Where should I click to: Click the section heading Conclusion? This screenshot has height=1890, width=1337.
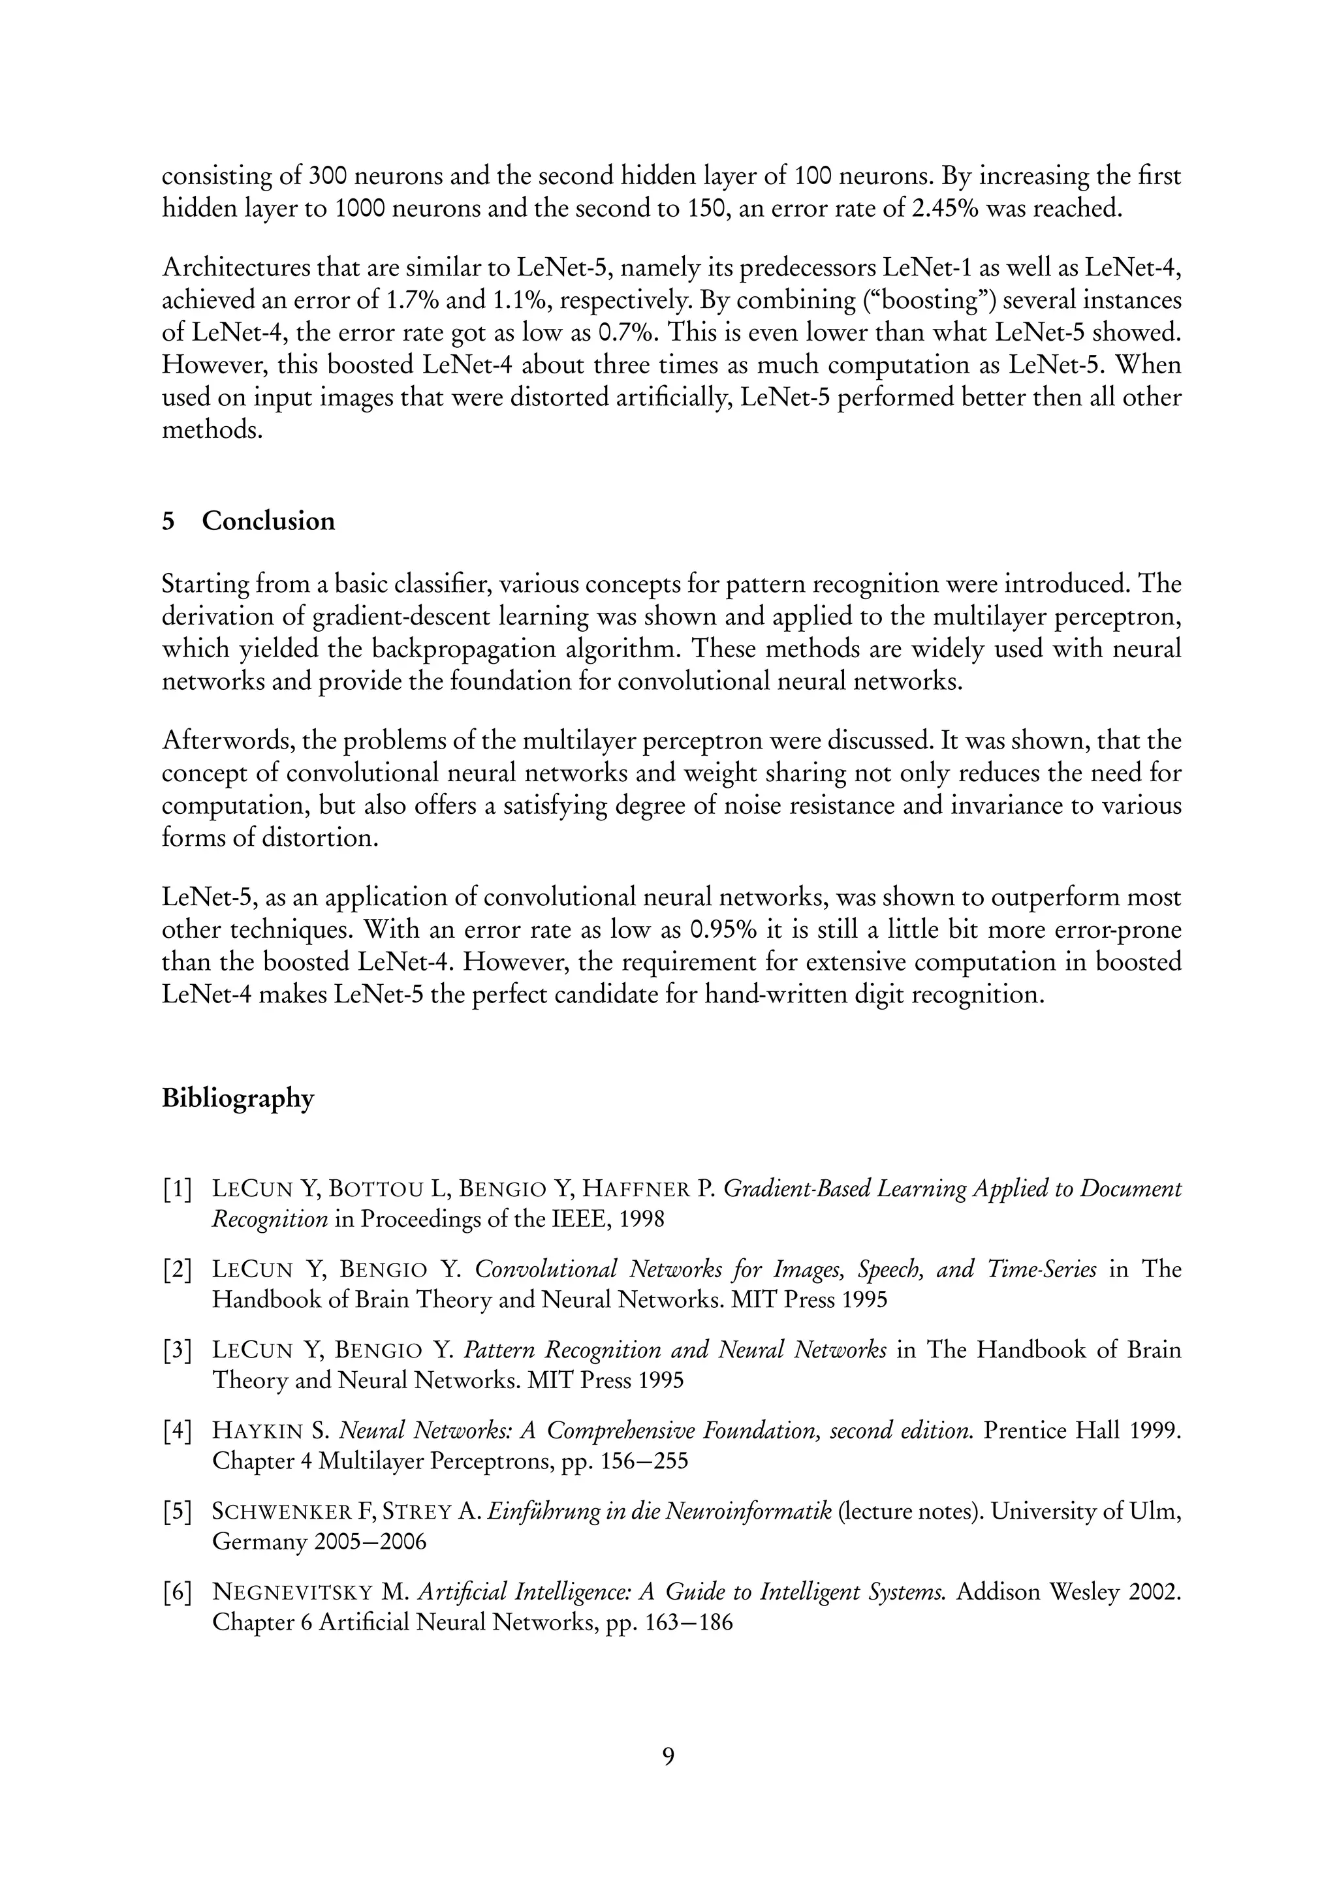point(268,521)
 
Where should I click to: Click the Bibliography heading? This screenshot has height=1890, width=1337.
point(238,1099)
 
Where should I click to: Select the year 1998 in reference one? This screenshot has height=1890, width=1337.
point(640,1219)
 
